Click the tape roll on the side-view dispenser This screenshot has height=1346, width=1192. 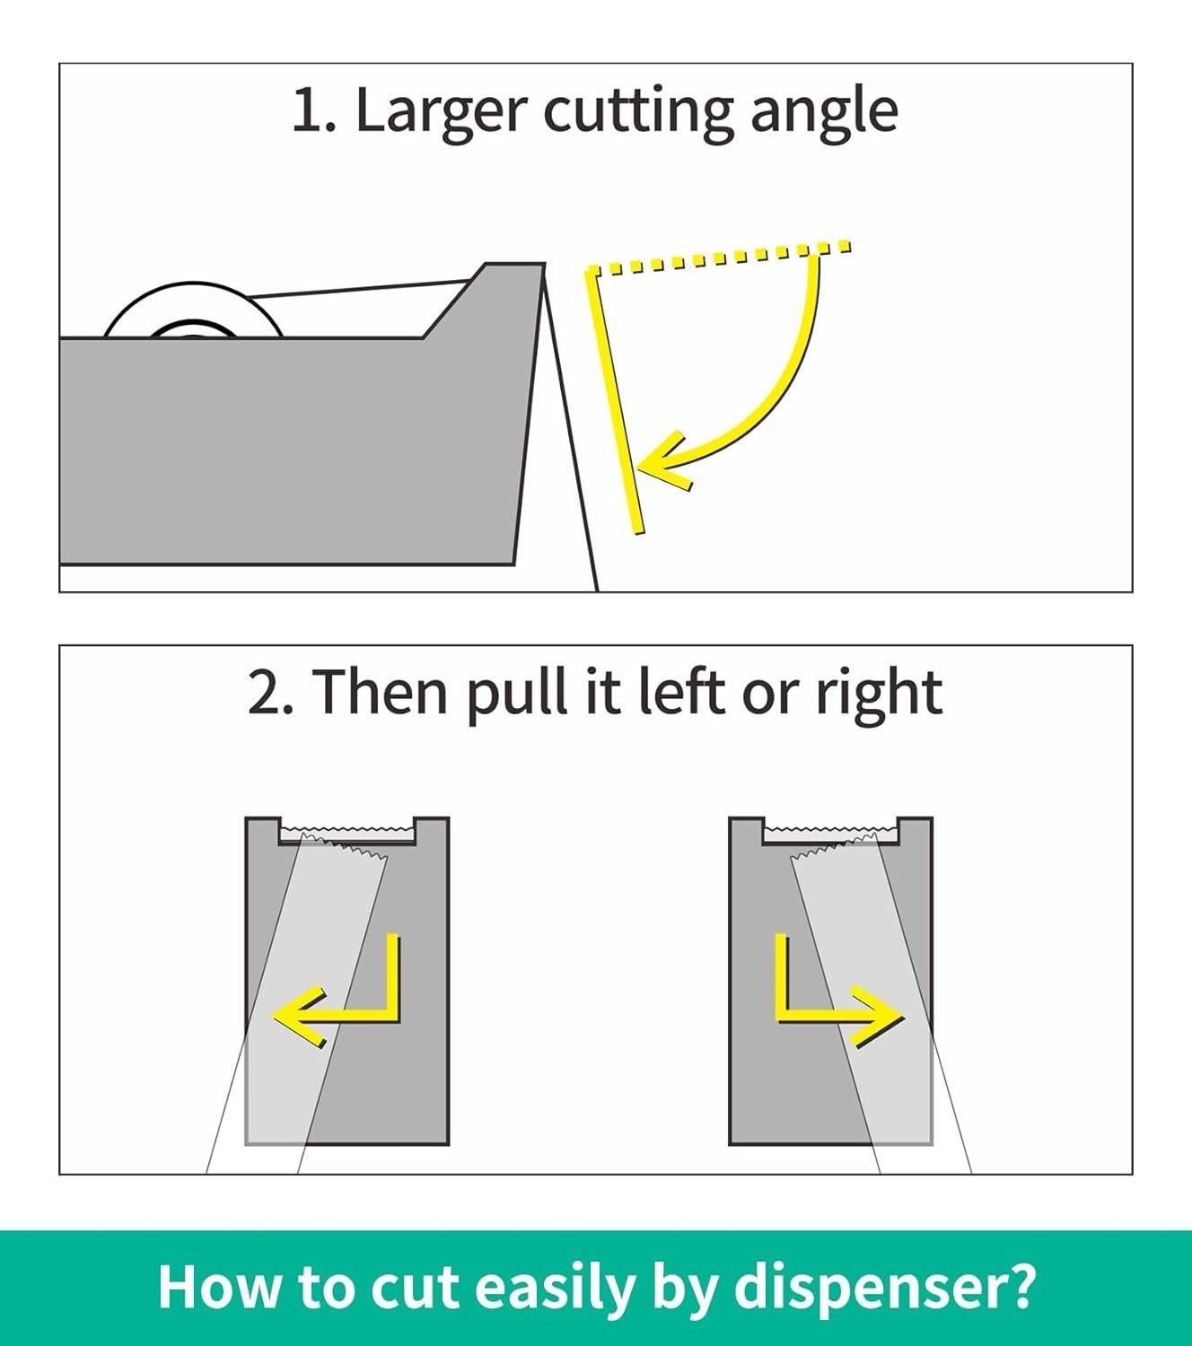coord(194,310)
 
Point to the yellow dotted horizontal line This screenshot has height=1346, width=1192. coord(720,258)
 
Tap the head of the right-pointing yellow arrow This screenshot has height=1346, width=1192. coord(876,1016)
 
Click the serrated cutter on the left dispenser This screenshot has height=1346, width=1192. coord(346,830)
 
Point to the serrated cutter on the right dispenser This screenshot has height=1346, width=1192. coord(830,830)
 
